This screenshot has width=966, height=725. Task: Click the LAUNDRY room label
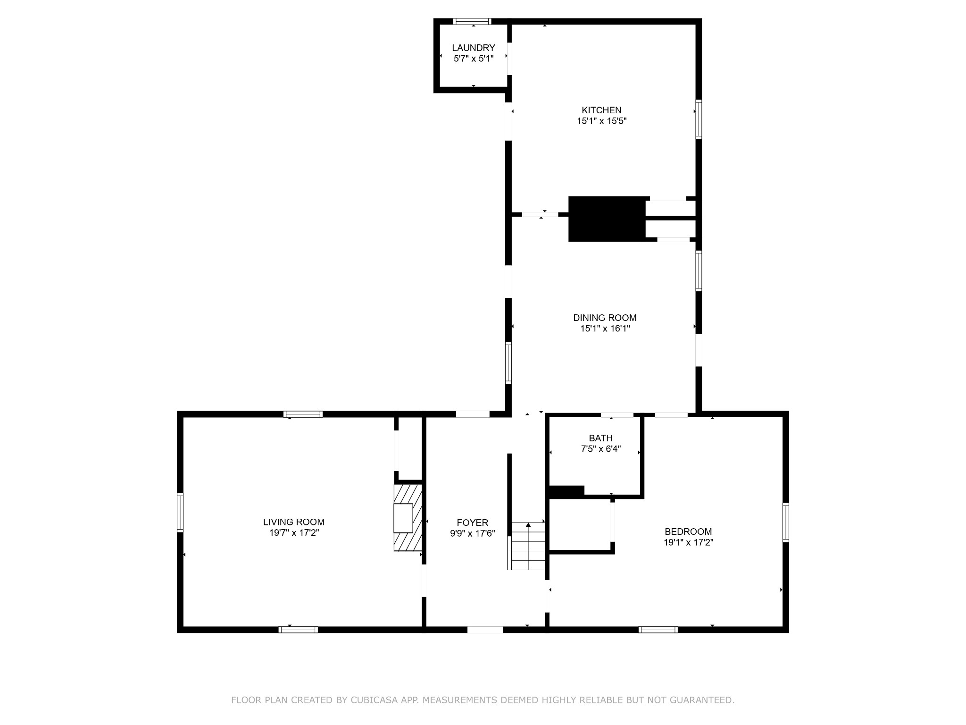pyautogui.click(x=474, y=48)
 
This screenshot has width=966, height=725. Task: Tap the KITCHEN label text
pyautogui.click(x=601, y=110)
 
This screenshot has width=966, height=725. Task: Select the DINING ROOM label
pyautogui.click(x=605, y=318)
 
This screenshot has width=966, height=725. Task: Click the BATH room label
pyautogui.click(x=600, y=438)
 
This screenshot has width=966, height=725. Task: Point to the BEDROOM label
pyautogui.click(x=688, y=531)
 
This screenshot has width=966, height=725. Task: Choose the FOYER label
pyautogui.click(x=472, y=523)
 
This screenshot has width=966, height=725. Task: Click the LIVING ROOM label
pyautogui.click(x=294, y=522)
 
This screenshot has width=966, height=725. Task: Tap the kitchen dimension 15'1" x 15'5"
pyautogui.click(x=601, y=121)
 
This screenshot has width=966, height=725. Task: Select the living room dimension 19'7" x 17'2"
pyautogui.click(x=294, y=533)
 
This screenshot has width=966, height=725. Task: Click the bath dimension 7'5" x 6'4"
pyautogui.click(x=600, y=449)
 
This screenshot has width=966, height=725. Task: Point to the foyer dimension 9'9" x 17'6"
pyautogui.click(x=472, y=533)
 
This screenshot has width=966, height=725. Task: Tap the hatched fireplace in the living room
pyautogui.click(x=407, y=518)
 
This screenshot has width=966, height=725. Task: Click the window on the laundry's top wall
pyautogui.click(x=472, y=21)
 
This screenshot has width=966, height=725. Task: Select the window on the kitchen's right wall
pyautogui.click(x=699, y=119)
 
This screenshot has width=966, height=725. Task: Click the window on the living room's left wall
pyautogui.click(x=180, y=513)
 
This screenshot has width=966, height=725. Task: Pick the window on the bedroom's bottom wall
pyautogui.click(x=658, y=629)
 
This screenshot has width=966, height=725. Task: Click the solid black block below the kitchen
pyautogui.click(x=607, y=219)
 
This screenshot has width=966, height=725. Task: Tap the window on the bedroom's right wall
pyautogui.click(x=785, y=522)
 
